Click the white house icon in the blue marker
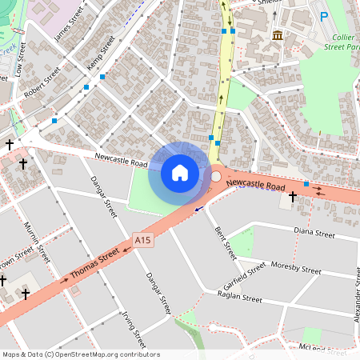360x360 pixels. tap(180, 173)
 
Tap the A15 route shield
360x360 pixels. tap(142, 238)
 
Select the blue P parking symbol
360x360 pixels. tap(324, 17)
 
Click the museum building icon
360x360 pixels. tap(278, 35)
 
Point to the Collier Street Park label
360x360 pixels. tap(343, 42)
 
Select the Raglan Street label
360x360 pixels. tap(240, 298)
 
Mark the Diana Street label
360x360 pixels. tap(314, 234)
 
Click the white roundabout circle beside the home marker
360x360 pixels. tap(216, 176)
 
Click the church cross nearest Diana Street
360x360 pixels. tap(293, 196)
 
